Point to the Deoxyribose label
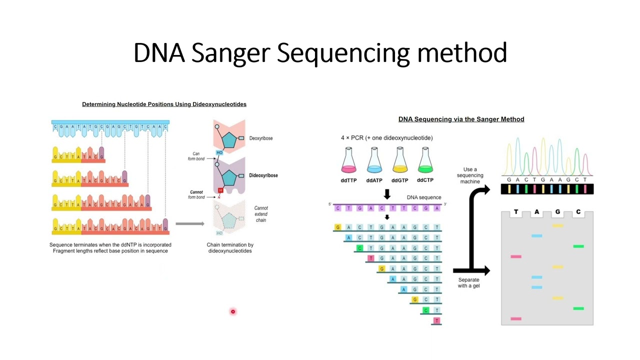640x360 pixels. tap(261, 138)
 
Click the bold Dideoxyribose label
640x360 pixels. tap(263, 175)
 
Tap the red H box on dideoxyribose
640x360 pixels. tap(220, 190)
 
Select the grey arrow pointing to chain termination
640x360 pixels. tap(190, 223)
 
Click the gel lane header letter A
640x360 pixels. tap(537, 212)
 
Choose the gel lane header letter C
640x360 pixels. tap(578, 212)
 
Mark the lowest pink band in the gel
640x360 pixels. tap(516, 318)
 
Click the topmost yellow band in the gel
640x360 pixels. tap(557, 225)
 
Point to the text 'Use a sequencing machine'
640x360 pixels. tap(470, 175)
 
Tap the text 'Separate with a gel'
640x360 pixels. tap(468, 283)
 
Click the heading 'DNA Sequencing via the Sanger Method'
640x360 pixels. tap(461, 119)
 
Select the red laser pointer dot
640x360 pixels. tap(232, 311)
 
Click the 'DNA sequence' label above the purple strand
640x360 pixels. tap(424, 197)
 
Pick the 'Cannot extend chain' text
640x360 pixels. tap(261, 214)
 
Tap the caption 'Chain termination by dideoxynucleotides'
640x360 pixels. tap(230, 248)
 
